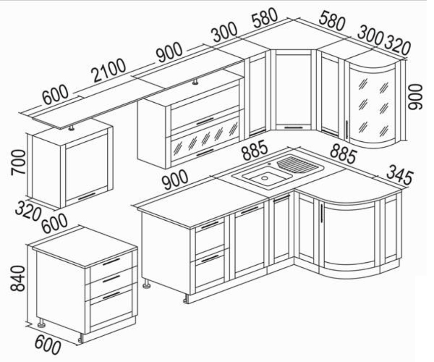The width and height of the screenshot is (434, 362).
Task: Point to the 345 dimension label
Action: pyautogui.click(x=399, y=175)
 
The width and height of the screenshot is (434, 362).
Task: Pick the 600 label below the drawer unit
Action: pyautogui.click(x=47, y=342)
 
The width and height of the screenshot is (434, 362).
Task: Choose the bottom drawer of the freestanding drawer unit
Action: pyautogui.click(x=111, y=306)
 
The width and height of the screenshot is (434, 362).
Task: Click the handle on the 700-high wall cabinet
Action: pyautogui.click(x=87, y=196)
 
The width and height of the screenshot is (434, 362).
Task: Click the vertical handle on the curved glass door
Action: pyautogui.click(x=347, y=129)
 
